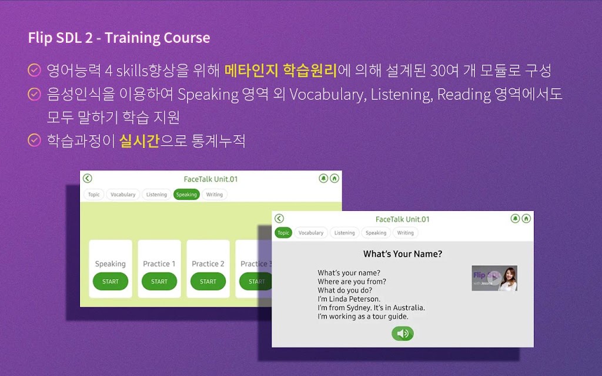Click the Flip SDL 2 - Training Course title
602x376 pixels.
[119, 38]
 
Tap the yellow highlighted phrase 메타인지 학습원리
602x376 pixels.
[280, 70]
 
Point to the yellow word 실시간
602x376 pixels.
[139, 141]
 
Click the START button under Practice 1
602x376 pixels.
[159, 281]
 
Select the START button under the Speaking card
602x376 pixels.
[111, 281]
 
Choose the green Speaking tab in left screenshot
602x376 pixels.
[186, 194]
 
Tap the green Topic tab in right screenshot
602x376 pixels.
[283, 233]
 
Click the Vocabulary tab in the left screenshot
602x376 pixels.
[123, 194]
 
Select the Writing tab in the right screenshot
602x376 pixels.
[406, 233]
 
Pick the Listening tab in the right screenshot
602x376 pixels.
[345, 233]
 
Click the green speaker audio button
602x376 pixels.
[403, 334]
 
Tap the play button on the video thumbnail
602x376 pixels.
[494, 279]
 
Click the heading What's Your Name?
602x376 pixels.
[403, 254]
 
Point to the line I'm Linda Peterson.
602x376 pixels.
[349, 299]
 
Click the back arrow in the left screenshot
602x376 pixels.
[88, 179]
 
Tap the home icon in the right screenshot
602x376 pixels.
[526, 219]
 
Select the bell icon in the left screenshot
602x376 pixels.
[323, 179]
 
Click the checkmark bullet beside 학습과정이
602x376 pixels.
[34, 140]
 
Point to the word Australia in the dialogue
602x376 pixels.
[409, 308]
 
